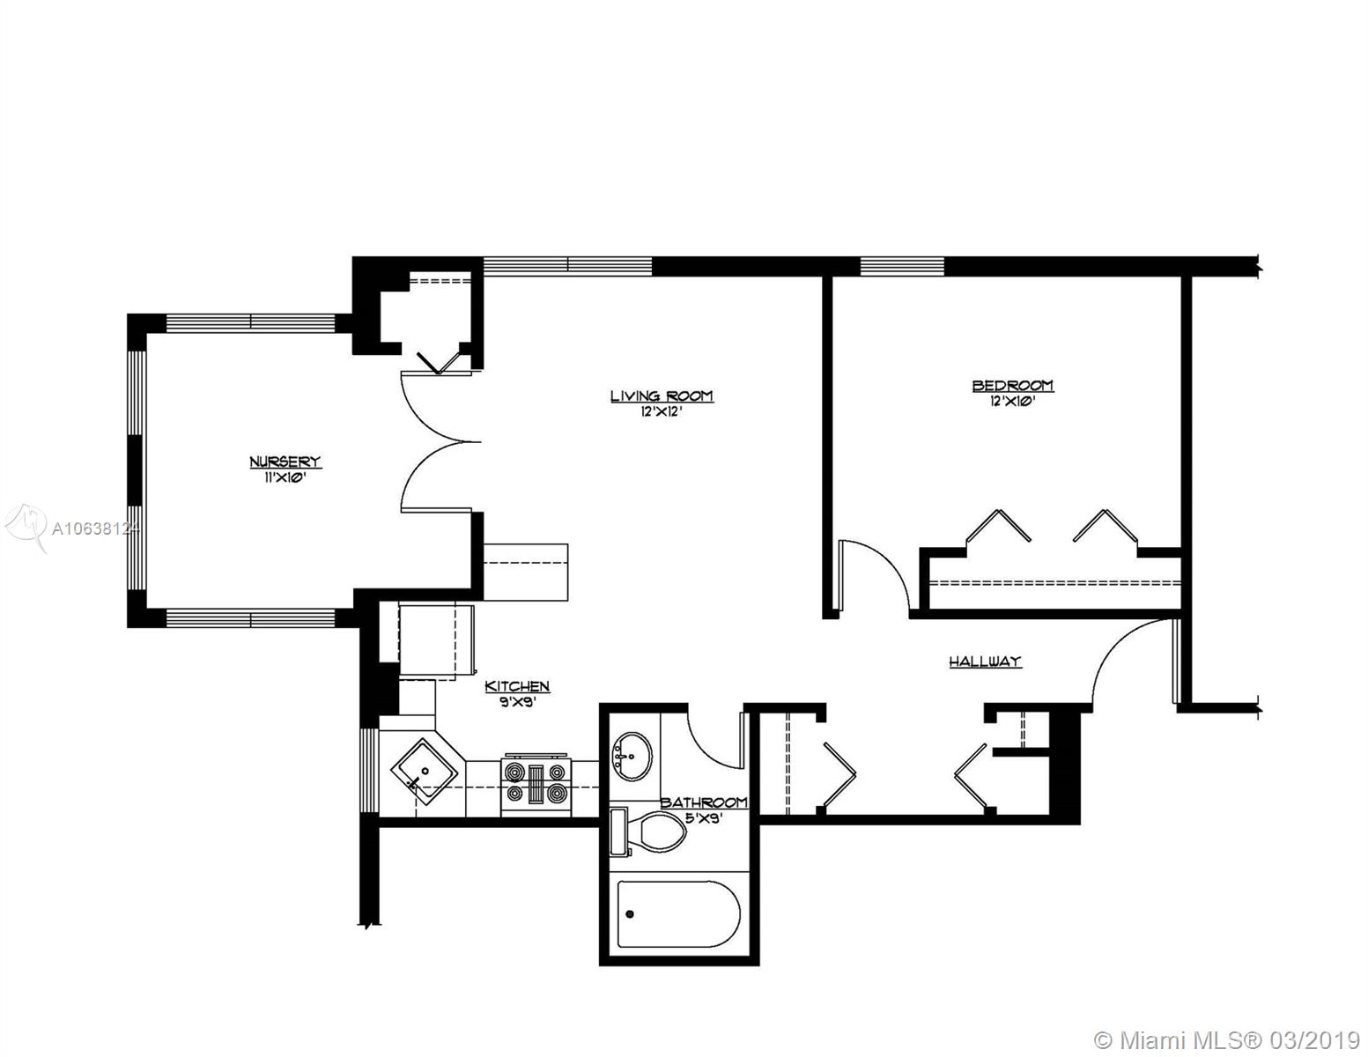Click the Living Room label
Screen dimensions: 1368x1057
(x=662, y=396)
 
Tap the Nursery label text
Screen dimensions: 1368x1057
(x=285, y=462)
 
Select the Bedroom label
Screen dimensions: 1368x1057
(x=1013, y=385)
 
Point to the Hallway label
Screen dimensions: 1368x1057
(x=985, y=661)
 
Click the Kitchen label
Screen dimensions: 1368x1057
(x=517, y=686)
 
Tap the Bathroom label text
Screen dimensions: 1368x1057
(x=704, y=802)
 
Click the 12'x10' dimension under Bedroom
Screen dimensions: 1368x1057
(x=1013, y=401)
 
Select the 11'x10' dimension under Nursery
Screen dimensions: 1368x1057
(x=285, y=477)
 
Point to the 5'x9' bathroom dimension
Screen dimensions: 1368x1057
(x=704, y=818)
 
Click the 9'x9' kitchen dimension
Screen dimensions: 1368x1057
(x=517, y=701)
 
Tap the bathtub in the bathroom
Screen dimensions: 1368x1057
(x=678, y=913)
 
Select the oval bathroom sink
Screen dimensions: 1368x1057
(x=632, y=756)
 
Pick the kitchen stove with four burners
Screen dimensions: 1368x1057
(x=536, y=785)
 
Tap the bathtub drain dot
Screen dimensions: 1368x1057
(x=630, y=914)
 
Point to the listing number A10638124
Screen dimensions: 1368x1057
(x=93, y=529)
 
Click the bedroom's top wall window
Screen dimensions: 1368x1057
(x=902, y=266)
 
